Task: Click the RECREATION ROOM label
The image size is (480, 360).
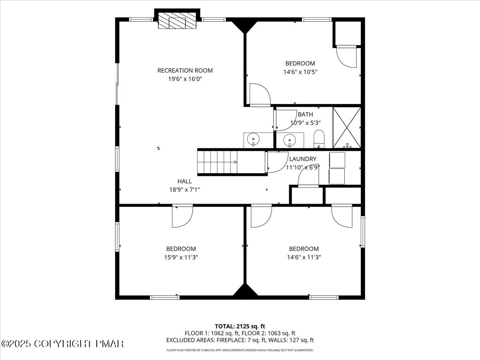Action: (x=185, y=70)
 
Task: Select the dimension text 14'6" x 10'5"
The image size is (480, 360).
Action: (x=300, y=72)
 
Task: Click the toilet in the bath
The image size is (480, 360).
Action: (x=319, y=138)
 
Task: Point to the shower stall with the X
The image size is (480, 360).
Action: (x=346, y=128)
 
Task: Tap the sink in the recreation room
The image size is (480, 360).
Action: (x=253, y=140)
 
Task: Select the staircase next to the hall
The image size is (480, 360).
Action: (x=232, y=162)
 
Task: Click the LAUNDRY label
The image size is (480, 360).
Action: (x=303, y=159)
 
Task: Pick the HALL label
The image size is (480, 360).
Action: (x=185, y=181)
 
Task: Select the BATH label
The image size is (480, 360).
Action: (x=305, y=114)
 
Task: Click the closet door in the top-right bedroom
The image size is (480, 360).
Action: (x=346, y=56)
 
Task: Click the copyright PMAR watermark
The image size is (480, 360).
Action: (x=62, y=344)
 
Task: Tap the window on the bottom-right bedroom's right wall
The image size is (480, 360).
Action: (x=362, y=232)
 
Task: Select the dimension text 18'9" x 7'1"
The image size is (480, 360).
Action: (x=185, y=190)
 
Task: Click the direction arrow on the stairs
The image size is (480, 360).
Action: (x=235, y=162)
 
